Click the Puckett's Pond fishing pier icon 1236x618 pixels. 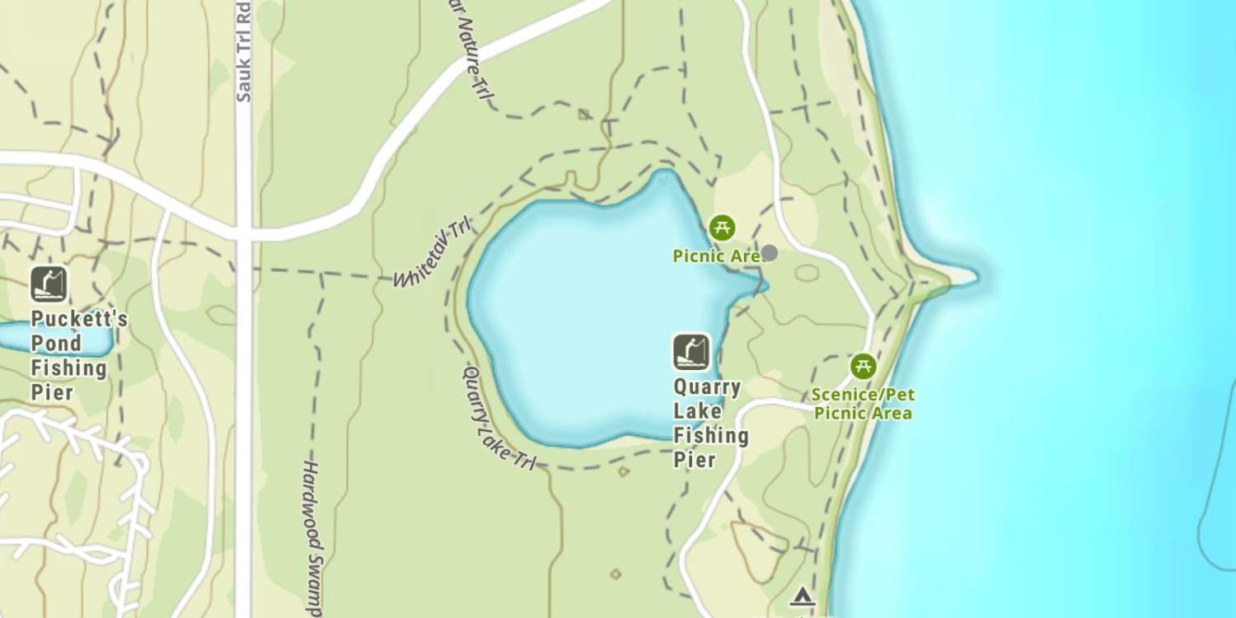click(49, 284)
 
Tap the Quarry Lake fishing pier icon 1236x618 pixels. click(691, 352)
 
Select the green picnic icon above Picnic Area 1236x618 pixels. click(722, 227)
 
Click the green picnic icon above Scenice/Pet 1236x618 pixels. click(863, 366)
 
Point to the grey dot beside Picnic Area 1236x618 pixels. click(769, 253)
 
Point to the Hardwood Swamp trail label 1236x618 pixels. click(311, 536)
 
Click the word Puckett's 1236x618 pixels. click(79, 319)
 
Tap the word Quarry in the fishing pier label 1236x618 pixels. click(707, 387)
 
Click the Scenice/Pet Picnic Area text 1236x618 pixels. click(863, 404)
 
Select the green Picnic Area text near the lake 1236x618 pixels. click(715, 256)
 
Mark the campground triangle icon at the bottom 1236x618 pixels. click(802, 597)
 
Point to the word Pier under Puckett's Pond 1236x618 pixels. click(53, 391)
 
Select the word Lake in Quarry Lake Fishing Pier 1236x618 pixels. click(697, 411)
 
